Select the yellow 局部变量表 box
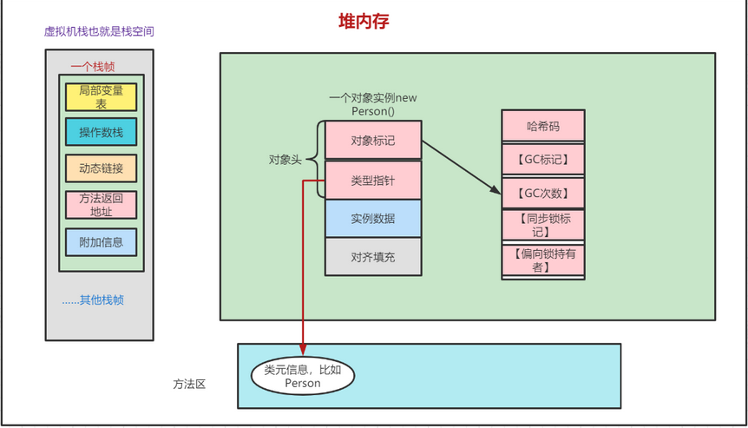(x=101, y=95)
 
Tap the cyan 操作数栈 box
(x=101, y=132)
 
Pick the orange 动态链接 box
(x=101, y=168)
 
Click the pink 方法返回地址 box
(x=101, y=205)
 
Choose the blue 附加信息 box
(x=101, y=241)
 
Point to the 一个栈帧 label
(x=93, y=66)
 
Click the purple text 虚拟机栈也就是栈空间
(x=99, y=31)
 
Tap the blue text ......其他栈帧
(x=93, y=300)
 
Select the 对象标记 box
(x=373, y=141)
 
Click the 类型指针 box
(x=373, y=180)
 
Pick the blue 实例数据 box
(x=373, y=218)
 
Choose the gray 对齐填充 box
(x=373, y=257)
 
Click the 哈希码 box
(x=543, y=127)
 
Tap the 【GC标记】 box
(x=543, y=159)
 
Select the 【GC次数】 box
(x=543, y=192)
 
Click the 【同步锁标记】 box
(x=543, y=225)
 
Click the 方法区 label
(x=189, y=383)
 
